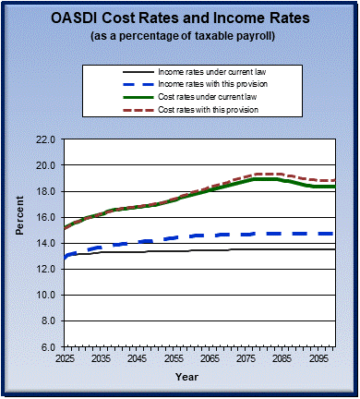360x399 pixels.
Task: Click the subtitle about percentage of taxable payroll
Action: click(x=180, y=36)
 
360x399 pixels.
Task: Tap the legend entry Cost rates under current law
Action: click(x=208, y=98)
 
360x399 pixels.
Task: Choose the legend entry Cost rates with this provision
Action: click(x=210, y=111)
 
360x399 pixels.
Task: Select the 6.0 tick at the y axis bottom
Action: click(x=47, y=346)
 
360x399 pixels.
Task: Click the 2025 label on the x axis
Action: click(x=65, y=357)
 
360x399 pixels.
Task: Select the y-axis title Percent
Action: click(x=20, y=243)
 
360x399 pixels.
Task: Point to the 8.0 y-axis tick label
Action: click(x=47, y=320)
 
